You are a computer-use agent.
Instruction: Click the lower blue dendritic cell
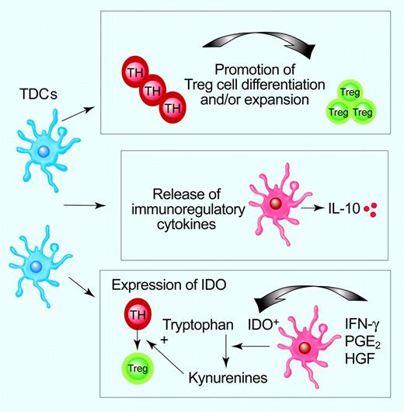coord(37,267)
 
